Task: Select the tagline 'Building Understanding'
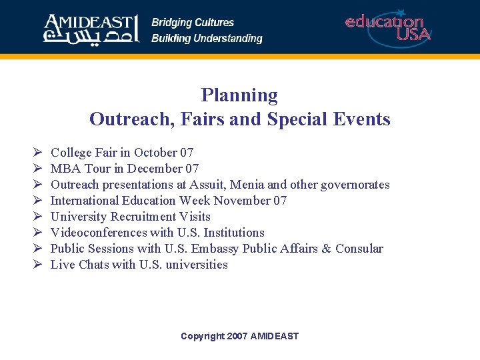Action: (x=207, y=39)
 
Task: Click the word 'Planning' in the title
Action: (x=239, y=95)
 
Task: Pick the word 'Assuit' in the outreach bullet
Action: (x=207, y=185)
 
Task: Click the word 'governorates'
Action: (x=355, y=185)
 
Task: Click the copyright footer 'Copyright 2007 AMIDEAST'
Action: (x=239, y=336)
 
